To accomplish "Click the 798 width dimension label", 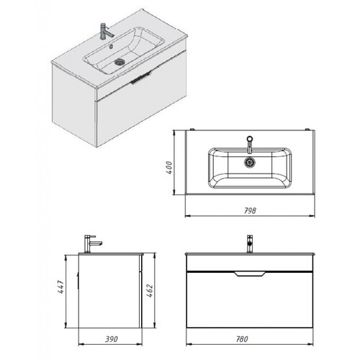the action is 250,211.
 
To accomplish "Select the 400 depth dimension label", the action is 169,168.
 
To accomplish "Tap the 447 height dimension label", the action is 60,287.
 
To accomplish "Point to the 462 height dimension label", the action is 150,291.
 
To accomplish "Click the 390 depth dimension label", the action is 112,339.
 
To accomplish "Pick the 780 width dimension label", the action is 242,339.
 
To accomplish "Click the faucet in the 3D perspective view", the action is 107,30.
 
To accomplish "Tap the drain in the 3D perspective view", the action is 120,62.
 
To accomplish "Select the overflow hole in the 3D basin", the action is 111,46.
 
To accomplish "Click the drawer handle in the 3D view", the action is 142,78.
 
